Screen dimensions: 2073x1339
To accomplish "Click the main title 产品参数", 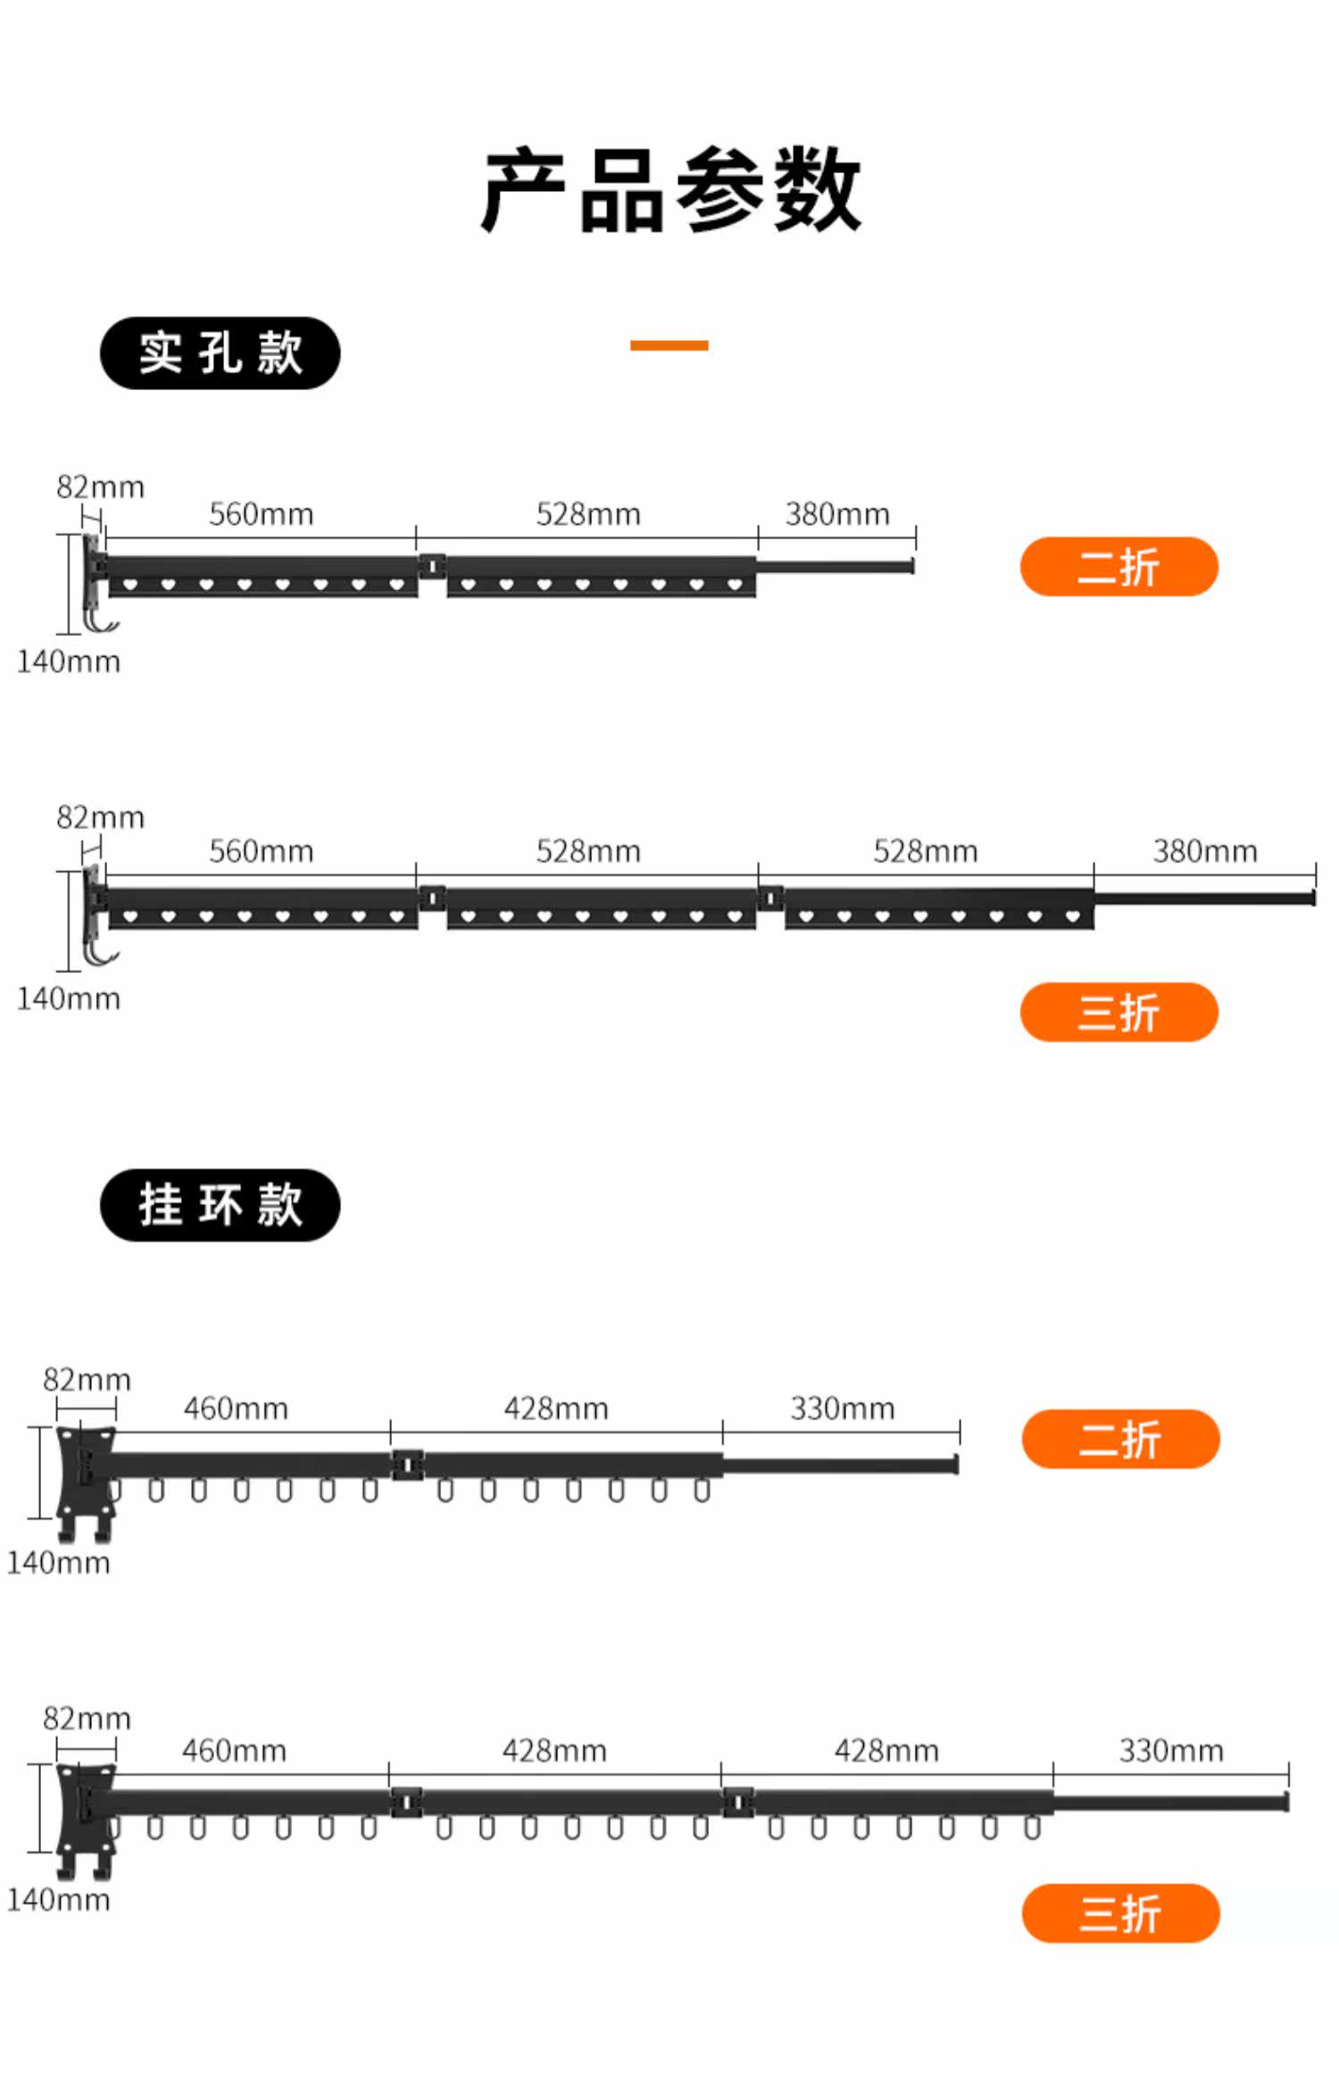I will [x=669, y=189].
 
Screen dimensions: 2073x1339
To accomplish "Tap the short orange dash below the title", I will [x=669, y=345].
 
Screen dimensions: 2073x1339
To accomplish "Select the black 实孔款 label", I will [x=220, y=353].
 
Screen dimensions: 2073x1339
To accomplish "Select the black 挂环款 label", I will [x=220, y=1204].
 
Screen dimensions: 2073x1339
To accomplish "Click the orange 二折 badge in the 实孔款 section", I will [x=1119, y=566].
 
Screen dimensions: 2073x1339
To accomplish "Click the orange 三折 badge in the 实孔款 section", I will [x=1119, y=1012].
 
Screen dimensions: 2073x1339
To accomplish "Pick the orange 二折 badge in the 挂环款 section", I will [x=1120, y=1438].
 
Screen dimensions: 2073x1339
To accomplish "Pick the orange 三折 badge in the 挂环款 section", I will [x=1120, y=1912].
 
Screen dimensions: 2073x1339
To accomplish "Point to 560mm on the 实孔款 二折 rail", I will [x=261, y=514].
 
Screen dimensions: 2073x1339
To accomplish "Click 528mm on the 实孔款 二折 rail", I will [x=588, y=514].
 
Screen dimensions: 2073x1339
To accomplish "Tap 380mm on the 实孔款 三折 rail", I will [x=1204, y=851].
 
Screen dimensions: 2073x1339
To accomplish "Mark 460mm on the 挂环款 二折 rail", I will [x=236, y=1408].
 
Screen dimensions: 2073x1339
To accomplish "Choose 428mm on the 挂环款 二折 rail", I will [x=555, y=1408].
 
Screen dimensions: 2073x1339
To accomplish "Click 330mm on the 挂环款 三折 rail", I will [x=1170, y=1750].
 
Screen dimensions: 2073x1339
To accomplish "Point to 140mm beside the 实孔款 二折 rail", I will [x=68, y=662].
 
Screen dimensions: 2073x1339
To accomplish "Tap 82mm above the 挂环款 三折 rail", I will [x=87, y=1718].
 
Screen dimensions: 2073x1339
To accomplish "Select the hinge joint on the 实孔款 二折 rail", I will [x=432, y=566].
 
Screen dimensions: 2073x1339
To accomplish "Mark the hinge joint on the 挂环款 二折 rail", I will [x=408, y=1464].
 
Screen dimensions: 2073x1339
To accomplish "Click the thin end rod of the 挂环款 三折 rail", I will [x=1169, y=1802].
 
